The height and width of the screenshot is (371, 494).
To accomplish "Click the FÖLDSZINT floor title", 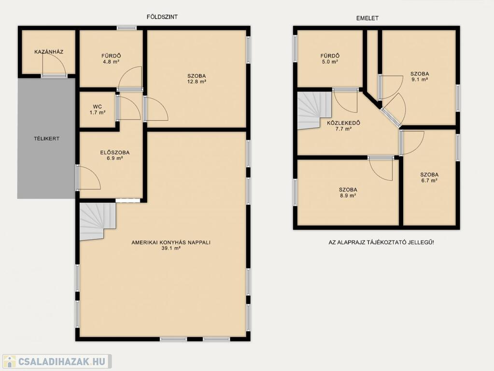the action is (x=162, y=17).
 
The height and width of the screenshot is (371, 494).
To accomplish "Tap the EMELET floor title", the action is (x=367, y=18).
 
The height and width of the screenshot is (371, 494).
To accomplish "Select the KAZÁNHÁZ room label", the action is (x=49, y=52).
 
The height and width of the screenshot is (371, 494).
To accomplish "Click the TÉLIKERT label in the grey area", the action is (x=47, y=138).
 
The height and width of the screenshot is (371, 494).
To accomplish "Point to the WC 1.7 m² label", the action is (x=98, y=109).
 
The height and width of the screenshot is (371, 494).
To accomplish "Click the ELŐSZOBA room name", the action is (x=114, y=153).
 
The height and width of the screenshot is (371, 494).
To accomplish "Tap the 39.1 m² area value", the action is (x=171, y=248).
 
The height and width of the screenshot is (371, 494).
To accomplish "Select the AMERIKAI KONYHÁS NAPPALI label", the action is (x=171, y=243).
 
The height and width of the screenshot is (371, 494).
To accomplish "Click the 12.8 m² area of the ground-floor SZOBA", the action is (x=197, y=82).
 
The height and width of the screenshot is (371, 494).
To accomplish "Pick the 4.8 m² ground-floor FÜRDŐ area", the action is (x=111, y=62).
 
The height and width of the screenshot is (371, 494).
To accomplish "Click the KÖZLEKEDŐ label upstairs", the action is (x=343, y=123).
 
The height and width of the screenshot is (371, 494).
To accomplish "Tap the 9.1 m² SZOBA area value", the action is (x=420, y=80).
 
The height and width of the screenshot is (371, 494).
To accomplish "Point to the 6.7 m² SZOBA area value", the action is (x=429, y=181).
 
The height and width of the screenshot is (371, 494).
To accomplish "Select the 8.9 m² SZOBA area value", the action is (x=348, y=196).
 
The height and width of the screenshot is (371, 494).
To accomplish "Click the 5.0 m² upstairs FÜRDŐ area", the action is (x=330, y=62).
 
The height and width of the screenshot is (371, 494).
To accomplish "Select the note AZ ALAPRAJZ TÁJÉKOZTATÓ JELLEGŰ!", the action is (x=381, y=243).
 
